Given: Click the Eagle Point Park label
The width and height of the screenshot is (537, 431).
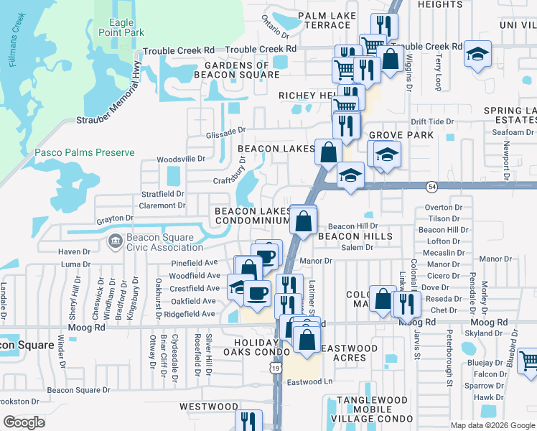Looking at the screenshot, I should (126, 27).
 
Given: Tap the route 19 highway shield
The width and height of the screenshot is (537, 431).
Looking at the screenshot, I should (275, 368).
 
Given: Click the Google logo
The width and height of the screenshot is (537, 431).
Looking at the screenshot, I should (24, 422).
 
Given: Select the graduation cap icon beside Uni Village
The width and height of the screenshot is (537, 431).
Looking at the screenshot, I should (476, 55).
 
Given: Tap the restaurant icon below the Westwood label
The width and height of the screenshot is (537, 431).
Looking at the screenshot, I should (249, 420).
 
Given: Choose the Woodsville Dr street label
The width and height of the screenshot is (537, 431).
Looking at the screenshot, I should (181, 159).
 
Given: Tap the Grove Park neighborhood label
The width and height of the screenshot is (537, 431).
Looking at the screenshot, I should (401, 135).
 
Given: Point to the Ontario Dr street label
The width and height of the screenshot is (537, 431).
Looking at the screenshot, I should (275, 27).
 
